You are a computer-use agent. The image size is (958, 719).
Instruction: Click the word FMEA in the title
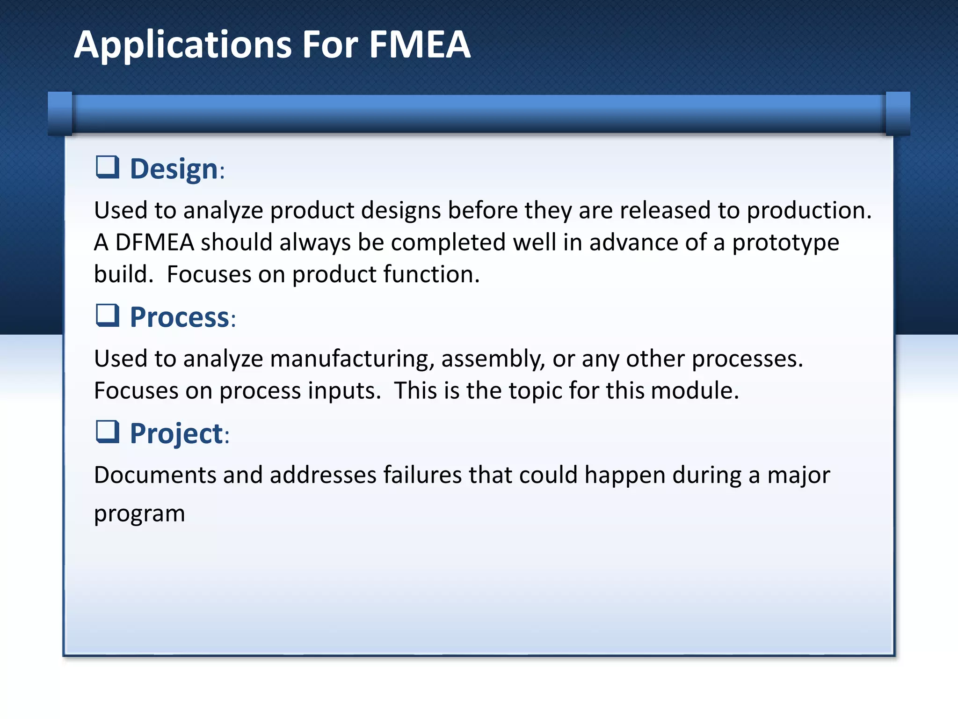pos(420,45)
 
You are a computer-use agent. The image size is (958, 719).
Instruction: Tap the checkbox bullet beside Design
pos(107,167)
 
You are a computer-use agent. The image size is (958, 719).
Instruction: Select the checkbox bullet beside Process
pos(107,315)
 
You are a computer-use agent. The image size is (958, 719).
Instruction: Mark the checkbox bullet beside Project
pos(107,432)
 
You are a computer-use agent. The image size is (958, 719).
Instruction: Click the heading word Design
pos(174,169)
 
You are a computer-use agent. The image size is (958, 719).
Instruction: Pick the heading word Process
pos(180,317)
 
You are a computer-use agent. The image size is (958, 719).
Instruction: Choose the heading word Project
pos(176,433)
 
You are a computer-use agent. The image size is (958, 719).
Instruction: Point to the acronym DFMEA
pos(154,242)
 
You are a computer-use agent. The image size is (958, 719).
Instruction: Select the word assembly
pos(493,359)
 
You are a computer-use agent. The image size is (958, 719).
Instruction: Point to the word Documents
pos(155,475)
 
